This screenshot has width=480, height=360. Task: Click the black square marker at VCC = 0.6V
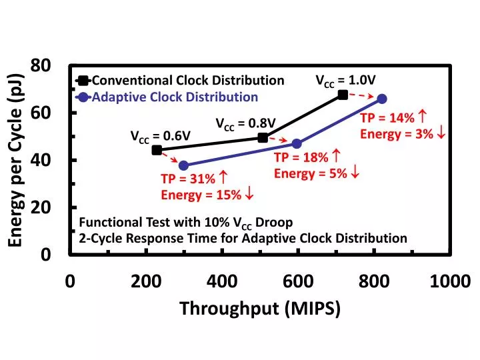[x=157, y=150]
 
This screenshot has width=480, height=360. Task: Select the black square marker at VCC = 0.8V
[x=263, y=137]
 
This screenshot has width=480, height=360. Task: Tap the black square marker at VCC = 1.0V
[x=343, y=95]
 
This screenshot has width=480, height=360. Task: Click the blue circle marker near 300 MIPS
[x=183, y=165]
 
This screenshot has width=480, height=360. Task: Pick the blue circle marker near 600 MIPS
[x=297, y=144]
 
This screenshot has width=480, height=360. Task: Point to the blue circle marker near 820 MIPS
[x=382, y=99]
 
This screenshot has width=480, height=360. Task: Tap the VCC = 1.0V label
[x=345, y=81]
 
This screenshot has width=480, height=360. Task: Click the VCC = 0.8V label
[x=245, y=124]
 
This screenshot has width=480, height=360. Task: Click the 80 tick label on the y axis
[x=41, y=65]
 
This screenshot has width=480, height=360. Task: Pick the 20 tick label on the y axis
[x=41, y=207]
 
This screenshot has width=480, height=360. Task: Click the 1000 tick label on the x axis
[x=450, y=281]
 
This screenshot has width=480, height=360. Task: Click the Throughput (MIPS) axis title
[x=259, y=309]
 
